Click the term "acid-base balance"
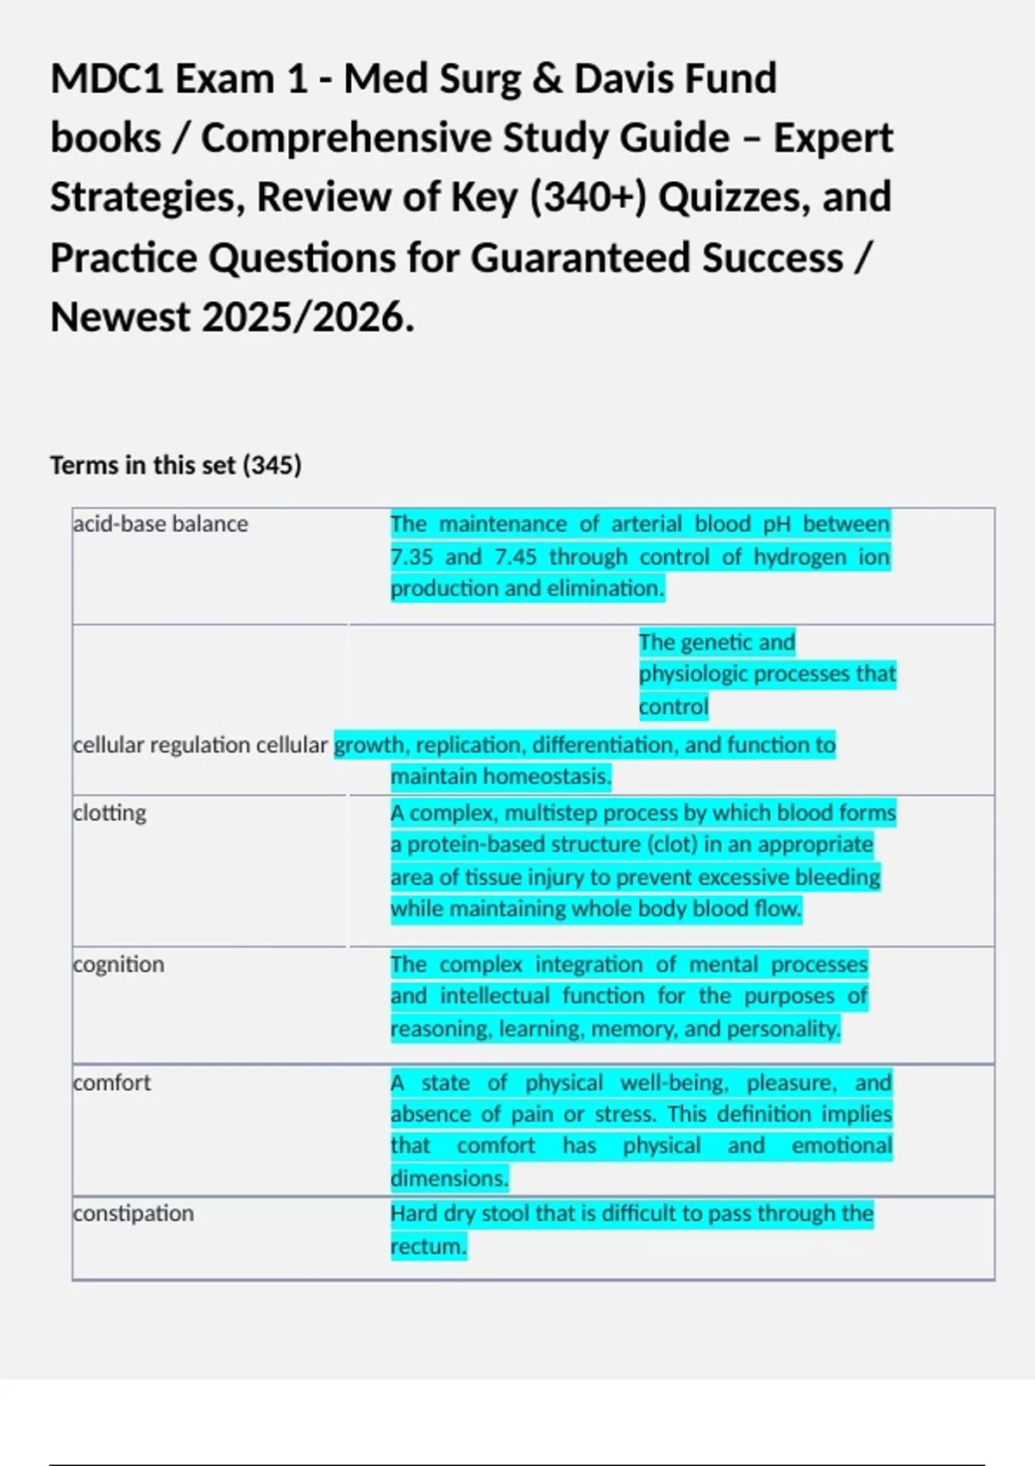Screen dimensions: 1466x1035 pyautogui.click(x=160, y=523)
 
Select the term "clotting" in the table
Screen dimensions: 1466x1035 pyautogui.click(x=110, y=812)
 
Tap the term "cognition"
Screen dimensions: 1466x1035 pyautogui.click(x=118, y=964)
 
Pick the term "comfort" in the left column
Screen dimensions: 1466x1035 pyautogui.click(x=112, y=1082)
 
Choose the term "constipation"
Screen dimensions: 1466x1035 pyautogui.click(x=134, y=1213)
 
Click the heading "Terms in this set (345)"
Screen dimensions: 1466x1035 pyautogui.click(x=176, y=465)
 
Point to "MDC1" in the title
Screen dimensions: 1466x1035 pyautogui.click(x=107, y=78)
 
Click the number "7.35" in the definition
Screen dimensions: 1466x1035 pyautogui.click(x=411, y=557)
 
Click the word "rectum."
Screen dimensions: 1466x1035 pyautogui.click(x=429, y=1246)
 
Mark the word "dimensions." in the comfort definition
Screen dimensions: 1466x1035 pyautogui.click(x=449, y=1178)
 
